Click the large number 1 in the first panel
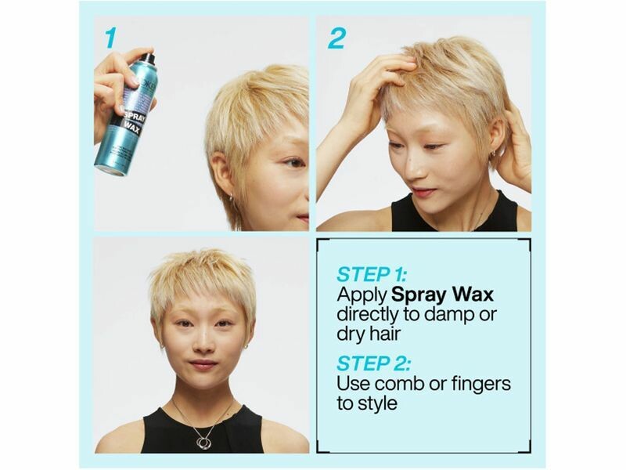pyautogui.click(x=110, y=38)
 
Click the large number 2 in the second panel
pyautogui.click(x=336, y=38)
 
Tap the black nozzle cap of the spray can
pyautogui.click(x=148, y=58)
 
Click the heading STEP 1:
pyautogui.click(x=371, y=275)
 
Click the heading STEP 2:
pyautogui.click(x=373, y=363)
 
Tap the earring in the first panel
pyautogui.click(x=231, y=197)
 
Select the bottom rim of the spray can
pyautogui.click(x=109, y=170)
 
